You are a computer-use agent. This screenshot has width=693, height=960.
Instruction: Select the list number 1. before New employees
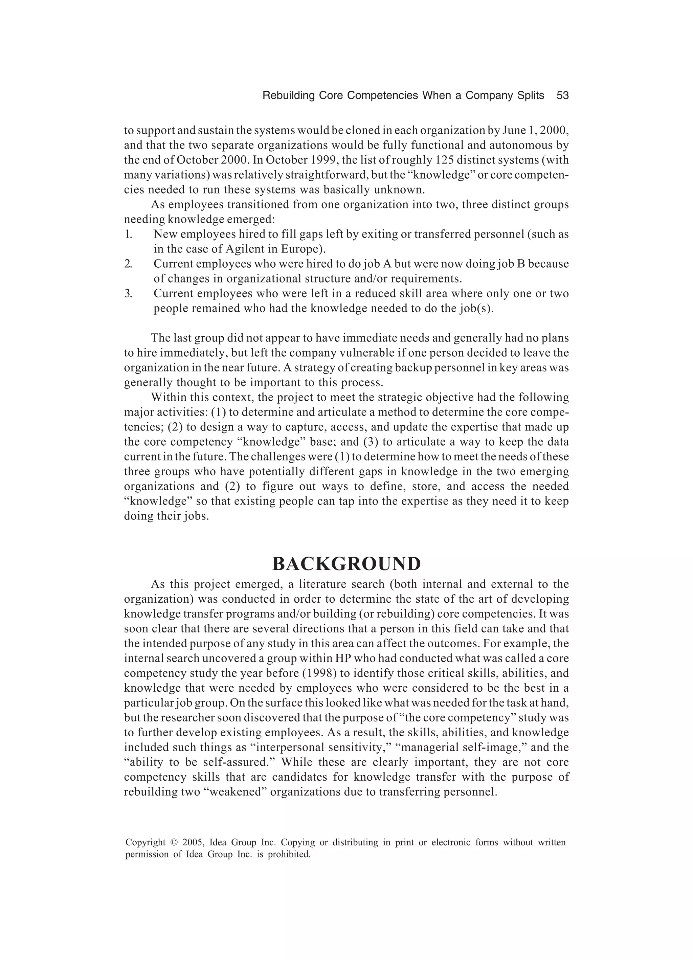coord(128,234)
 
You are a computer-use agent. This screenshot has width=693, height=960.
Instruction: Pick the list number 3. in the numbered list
coord(128,293)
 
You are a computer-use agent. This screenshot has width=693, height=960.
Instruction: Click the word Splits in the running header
coord(531,96)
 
